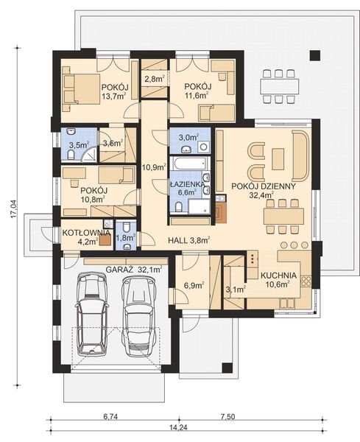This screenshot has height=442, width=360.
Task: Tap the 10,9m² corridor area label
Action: (153, 167)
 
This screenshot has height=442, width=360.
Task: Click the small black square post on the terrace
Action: (315, 55)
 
